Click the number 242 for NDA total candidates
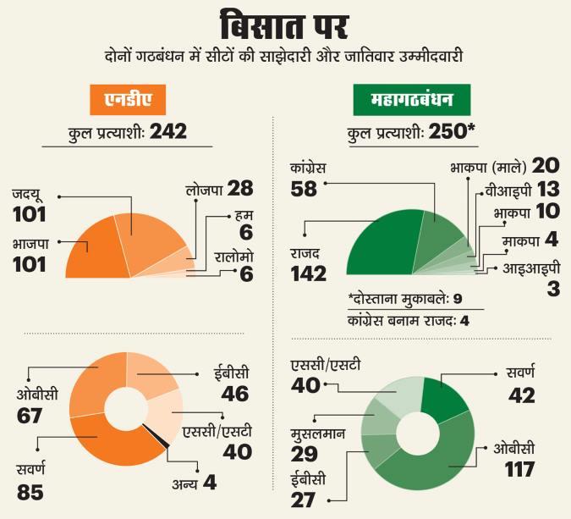point(167,133)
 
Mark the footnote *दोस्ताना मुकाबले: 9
point(404,299)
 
